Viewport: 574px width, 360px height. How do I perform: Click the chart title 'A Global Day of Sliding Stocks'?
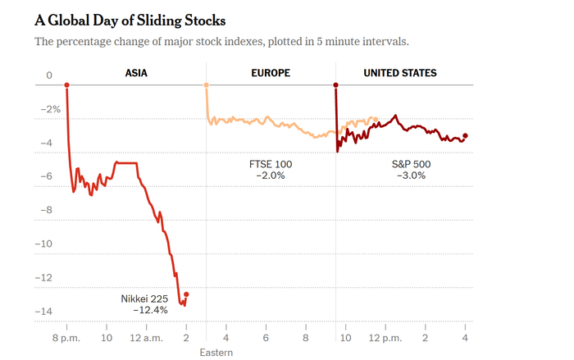click(130, 20)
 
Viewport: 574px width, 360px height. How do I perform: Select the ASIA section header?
click(136, 73)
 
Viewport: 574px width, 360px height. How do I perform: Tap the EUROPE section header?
click(271, 73)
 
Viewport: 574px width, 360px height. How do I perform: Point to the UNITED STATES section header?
click(399, 73)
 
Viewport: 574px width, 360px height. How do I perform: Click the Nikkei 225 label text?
click(144, 298)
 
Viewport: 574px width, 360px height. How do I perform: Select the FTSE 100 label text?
click(271, 164)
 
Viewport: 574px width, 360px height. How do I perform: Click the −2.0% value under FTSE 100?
click(271, 175)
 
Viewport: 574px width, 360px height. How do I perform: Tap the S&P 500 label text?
click(411, 164)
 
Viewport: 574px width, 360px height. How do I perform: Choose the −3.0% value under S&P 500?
click(411, 175)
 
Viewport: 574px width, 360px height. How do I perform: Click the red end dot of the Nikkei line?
click(186, 294)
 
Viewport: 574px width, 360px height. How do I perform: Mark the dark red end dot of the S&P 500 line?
click(465, 136)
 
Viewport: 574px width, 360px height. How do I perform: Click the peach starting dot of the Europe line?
click(206, 85)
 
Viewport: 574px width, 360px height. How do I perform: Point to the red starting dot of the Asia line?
click(66, 85)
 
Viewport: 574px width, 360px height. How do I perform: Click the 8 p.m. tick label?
click(66, 337)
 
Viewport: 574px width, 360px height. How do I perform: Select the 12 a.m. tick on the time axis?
click(145, 337)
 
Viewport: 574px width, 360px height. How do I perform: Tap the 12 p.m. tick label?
click(385, 337)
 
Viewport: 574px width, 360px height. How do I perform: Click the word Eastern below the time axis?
click(216, 353)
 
